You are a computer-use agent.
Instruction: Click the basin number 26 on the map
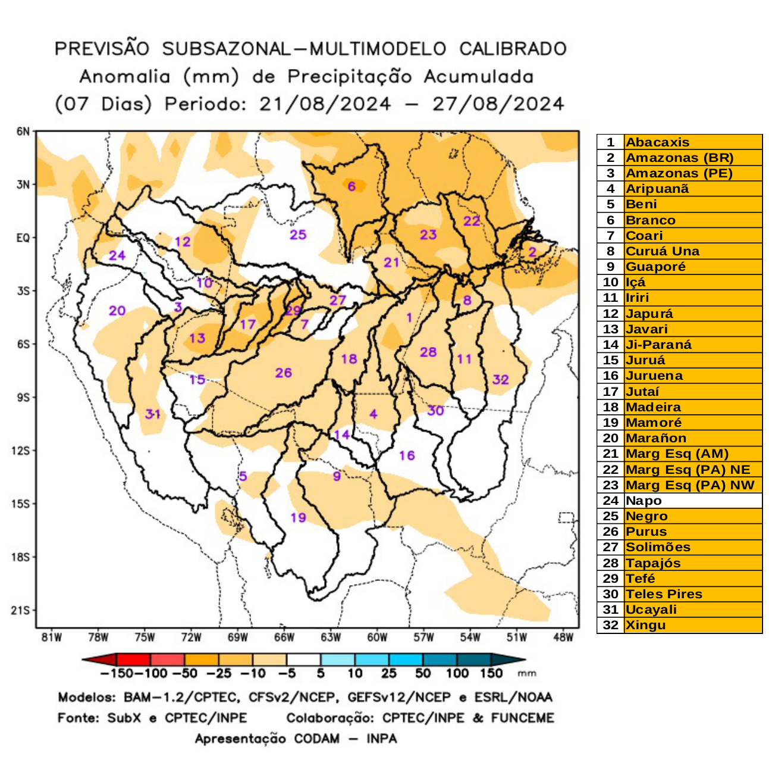283,373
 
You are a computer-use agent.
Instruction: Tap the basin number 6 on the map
351,186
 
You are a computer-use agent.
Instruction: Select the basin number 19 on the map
298,517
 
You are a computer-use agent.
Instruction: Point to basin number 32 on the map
500,379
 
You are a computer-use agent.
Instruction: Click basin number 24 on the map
117,255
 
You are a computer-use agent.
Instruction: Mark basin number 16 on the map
407,455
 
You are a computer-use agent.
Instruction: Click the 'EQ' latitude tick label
23,238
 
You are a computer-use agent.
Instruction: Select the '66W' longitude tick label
284,638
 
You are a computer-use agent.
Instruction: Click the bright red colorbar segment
134,660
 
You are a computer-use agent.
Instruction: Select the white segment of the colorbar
303,660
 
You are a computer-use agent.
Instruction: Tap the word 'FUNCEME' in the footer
522,718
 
